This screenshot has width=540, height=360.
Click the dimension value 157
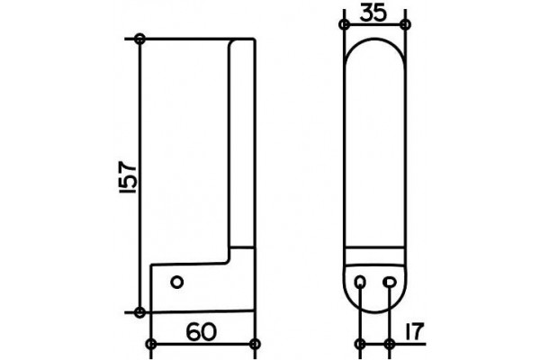tap(129, 176)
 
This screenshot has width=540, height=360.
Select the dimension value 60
tap(202, 332)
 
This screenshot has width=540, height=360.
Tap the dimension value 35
tap(373, 13)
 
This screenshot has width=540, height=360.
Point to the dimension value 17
tap(413, 331)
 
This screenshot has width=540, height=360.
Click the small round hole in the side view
tap(177, 283)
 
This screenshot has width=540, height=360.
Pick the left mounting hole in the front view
tap(359, 282)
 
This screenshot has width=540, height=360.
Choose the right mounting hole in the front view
tap(389, 282)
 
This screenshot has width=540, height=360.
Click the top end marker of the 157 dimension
tap(139, 39)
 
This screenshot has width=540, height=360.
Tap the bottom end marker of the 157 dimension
tap(139, 312)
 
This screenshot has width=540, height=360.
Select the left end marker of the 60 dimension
tap(151, 344)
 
